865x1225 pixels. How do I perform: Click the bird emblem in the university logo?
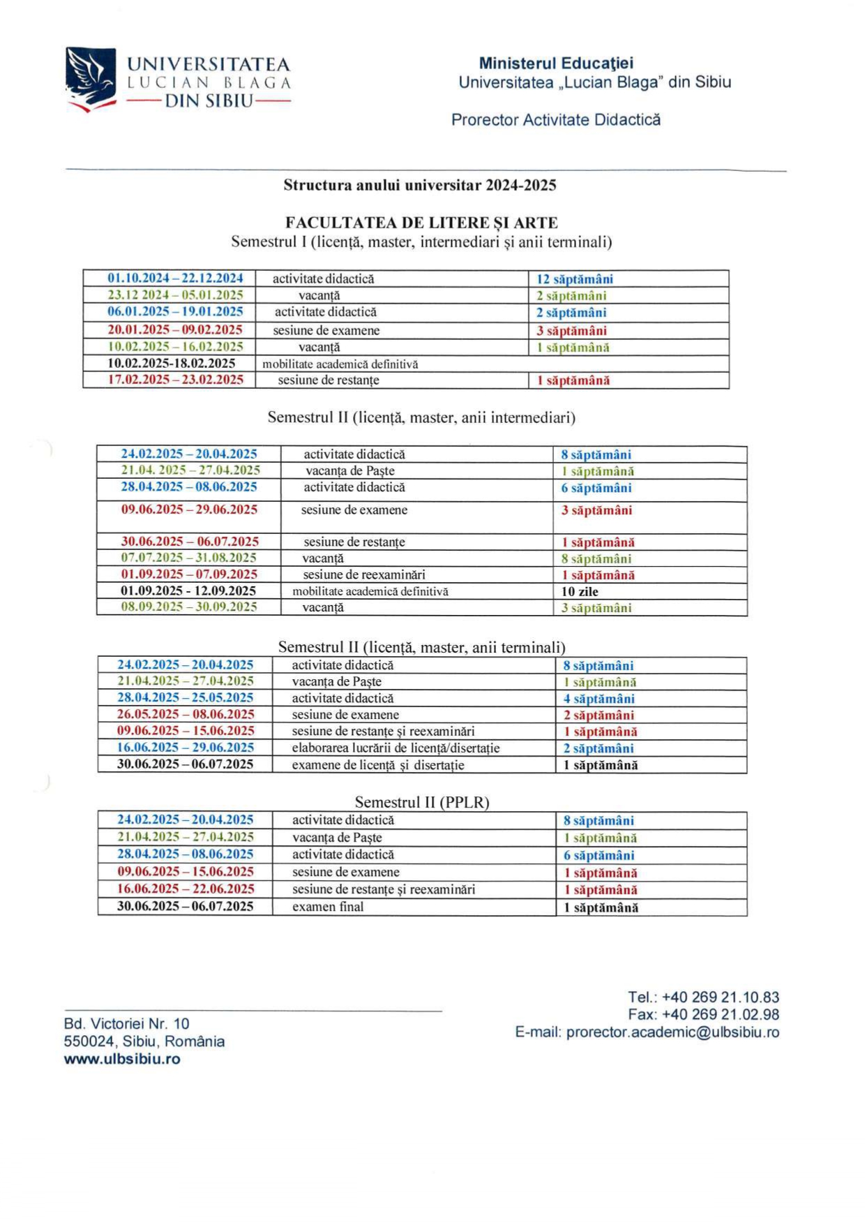pos(91,77)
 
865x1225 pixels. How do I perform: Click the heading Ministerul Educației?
pos(556,64)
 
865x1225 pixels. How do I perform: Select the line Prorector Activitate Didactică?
pos(555,119)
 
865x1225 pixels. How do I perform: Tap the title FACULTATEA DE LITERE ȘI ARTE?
pos(421,223)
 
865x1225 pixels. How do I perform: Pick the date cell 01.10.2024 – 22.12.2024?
pos(175,279)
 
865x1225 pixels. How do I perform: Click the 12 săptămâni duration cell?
pos(574,279)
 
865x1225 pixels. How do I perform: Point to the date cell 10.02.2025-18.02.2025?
pos(171,364)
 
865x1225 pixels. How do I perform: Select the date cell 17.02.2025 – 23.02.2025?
pos(175,380)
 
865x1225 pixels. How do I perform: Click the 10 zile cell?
pos(580,591)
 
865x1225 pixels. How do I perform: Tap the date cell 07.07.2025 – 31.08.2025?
pos(188,558)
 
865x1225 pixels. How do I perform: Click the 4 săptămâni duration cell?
pos(599,699)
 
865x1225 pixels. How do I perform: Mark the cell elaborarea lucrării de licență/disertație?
pos(396,748)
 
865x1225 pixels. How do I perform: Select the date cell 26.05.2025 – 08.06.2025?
pos(186,715)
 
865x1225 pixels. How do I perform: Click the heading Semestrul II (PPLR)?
pos(422,802)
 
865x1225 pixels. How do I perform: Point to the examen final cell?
pos(328,907)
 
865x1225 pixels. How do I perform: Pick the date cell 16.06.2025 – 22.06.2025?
pos(186,889)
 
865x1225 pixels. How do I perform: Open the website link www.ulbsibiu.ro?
pos(122,1059)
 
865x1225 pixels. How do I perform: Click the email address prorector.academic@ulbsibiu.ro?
pos(672,1032)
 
